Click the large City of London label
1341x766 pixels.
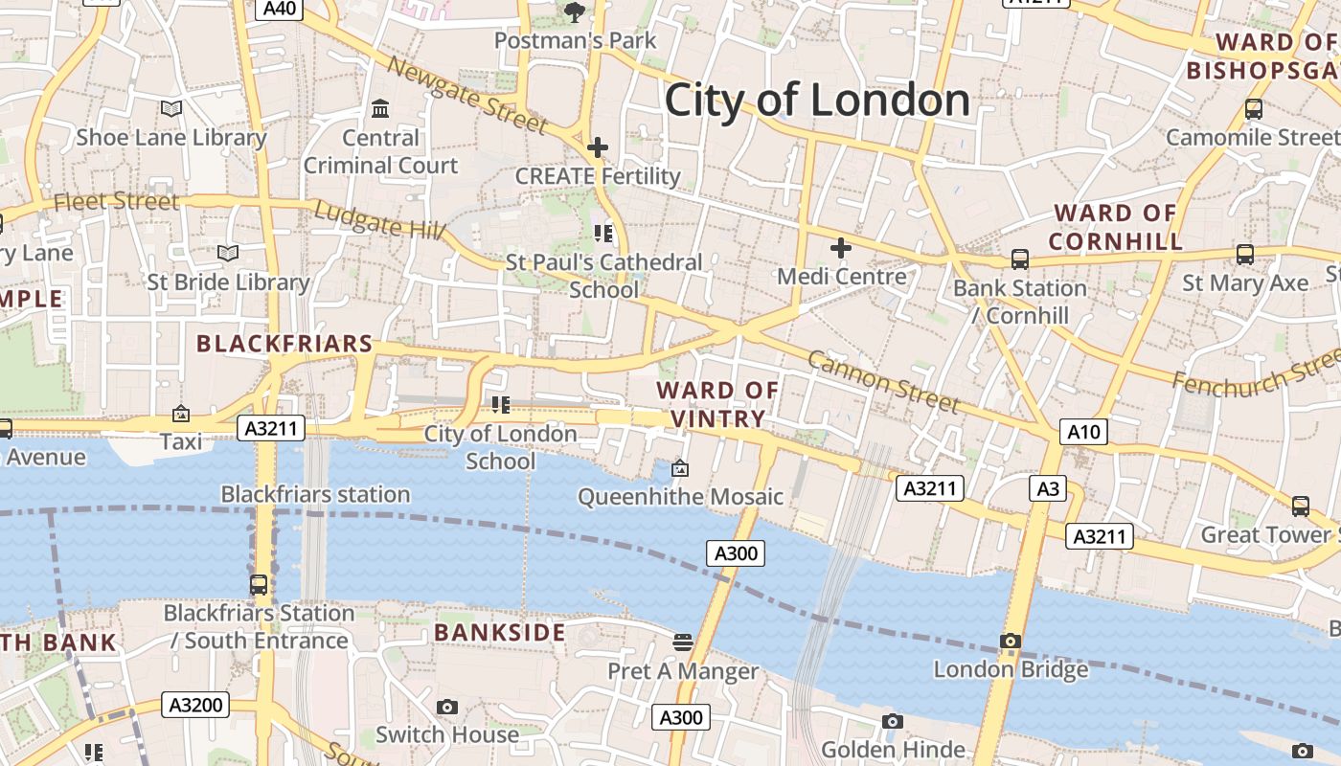(x=817, y=101)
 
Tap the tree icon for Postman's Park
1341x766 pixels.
(x=575, y=12)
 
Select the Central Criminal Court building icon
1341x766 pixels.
(x=380, y=108)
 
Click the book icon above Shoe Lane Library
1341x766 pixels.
(x=171, y=109)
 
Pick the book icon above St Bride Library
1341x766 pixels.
(x=228, y=253)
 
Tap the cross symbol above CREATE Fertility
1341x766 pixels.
(x=598, y=147)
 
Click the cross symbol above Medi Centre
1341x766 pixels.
(x=841, y=249)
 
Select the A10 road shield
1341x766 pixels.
(x=1083, y=432)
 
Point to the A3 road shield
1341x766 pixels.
(x=1048, y=489)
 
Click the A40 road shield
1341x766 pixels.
(x=280, y=9)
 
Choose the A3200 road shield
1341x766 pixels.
(x=195, y=706)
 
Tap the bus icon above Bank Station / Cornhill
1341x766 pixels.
(x=1020, y=259)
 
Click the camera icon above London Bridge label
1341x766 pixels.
(x=1011, y=641)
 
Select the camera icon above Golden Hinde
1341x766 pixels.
(x=893, y=721)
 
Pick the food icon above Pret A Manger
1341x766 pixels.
(x=683, y=642)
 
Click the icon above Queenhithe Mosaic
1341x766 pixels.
(x=680, y=468)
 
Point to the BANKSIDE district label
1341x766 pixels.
(x=499, y=633)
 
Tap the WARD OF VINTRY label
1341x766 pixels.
(x=717, y=404)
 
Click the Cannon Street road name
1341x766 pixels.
(x=883, y=381)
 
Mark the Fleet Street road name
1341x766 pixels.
(x=116, y=201)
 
